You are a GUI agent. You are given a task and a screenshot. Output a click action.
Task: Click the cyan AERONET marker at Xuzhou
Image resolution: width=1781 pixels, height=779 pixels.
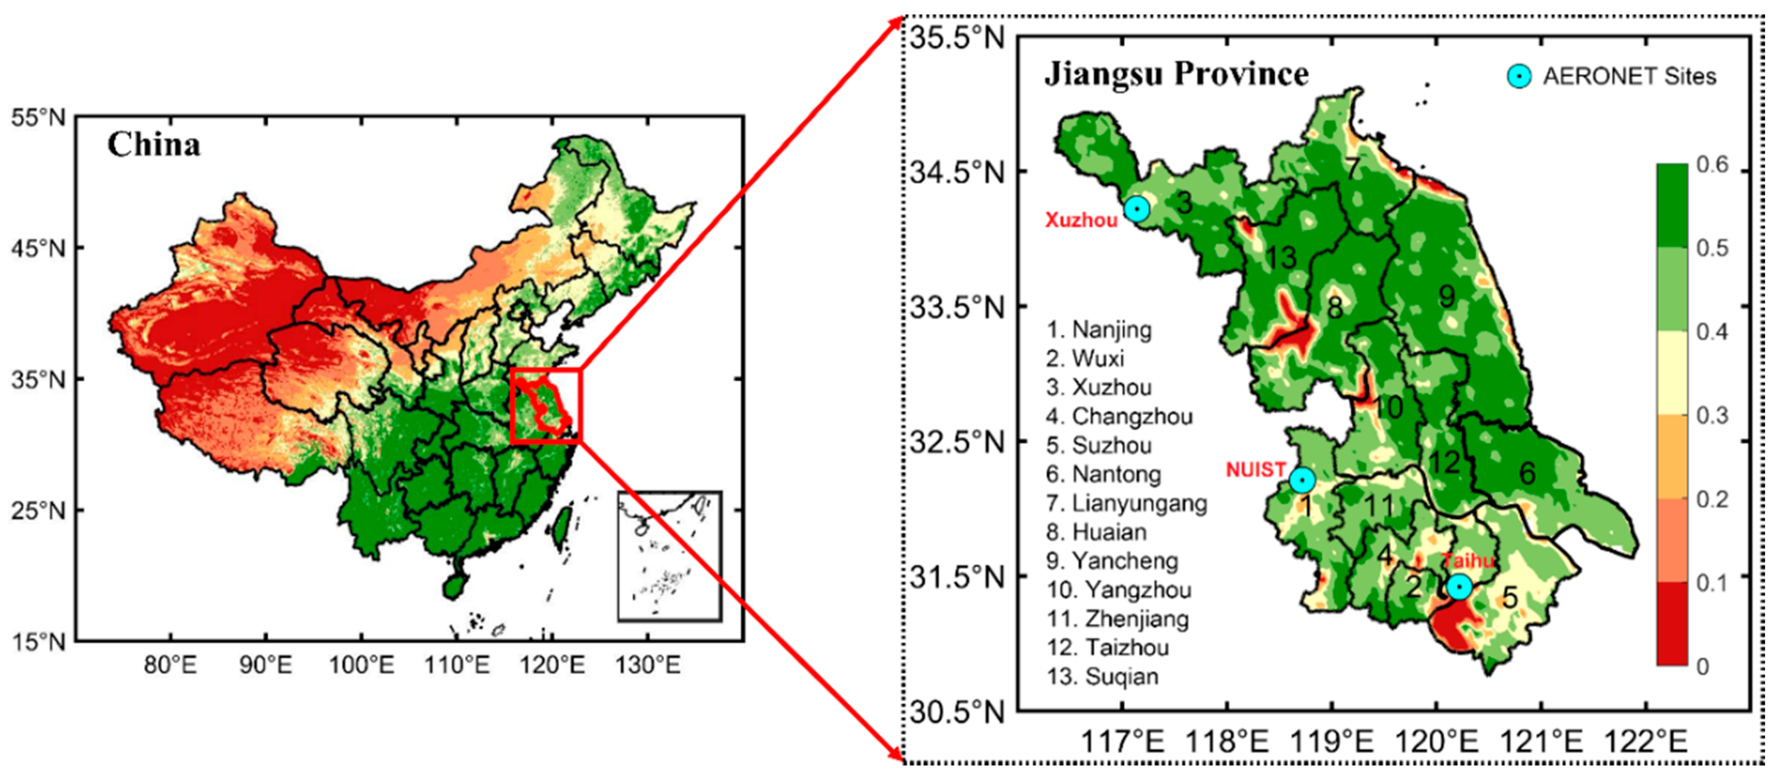coord(1137,208)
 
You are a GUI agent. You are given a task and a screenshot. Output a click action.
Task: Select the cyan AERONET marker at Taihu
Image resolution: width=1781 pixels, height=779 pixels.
coord(1459,587)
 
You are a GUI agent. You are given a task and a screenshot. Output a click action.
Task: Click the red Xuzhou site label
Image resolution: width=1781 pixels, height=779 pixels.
coord(1081,221)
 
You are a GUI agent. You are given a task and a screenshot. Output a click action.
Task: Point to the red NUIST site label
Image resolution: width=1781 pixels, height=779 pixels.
coord(1255,470)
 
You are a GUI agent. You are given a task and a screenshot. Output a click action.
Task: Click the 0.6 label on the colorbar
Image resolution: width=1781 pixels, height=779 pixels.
coord(1712,165)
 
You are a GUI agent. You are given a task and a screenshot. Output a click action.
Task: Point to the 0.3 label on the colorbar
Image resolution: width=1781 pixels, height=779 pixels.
coord(1712,415)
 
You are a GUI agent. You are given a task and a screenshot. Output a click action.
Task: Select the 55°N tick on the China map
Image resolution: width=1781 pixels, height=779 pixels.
coord(38,117)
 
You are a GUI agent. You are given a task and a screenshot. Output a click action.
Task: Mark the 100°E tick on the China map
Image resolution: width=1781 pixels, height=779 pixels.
coord(361,665)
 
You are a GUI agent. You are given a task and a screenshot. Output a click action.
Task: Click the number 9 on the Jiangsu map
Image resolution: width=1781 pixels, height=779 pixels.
coord(1446,296)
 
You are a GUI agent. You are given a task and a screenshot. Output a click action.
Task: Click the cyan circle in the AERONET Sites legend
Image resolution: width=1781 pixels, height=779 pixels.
coord(1519,76)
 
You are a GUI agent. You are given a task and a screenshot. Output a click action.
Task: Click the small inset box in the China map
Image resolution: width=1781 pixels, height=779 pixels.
coord(669,556)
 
